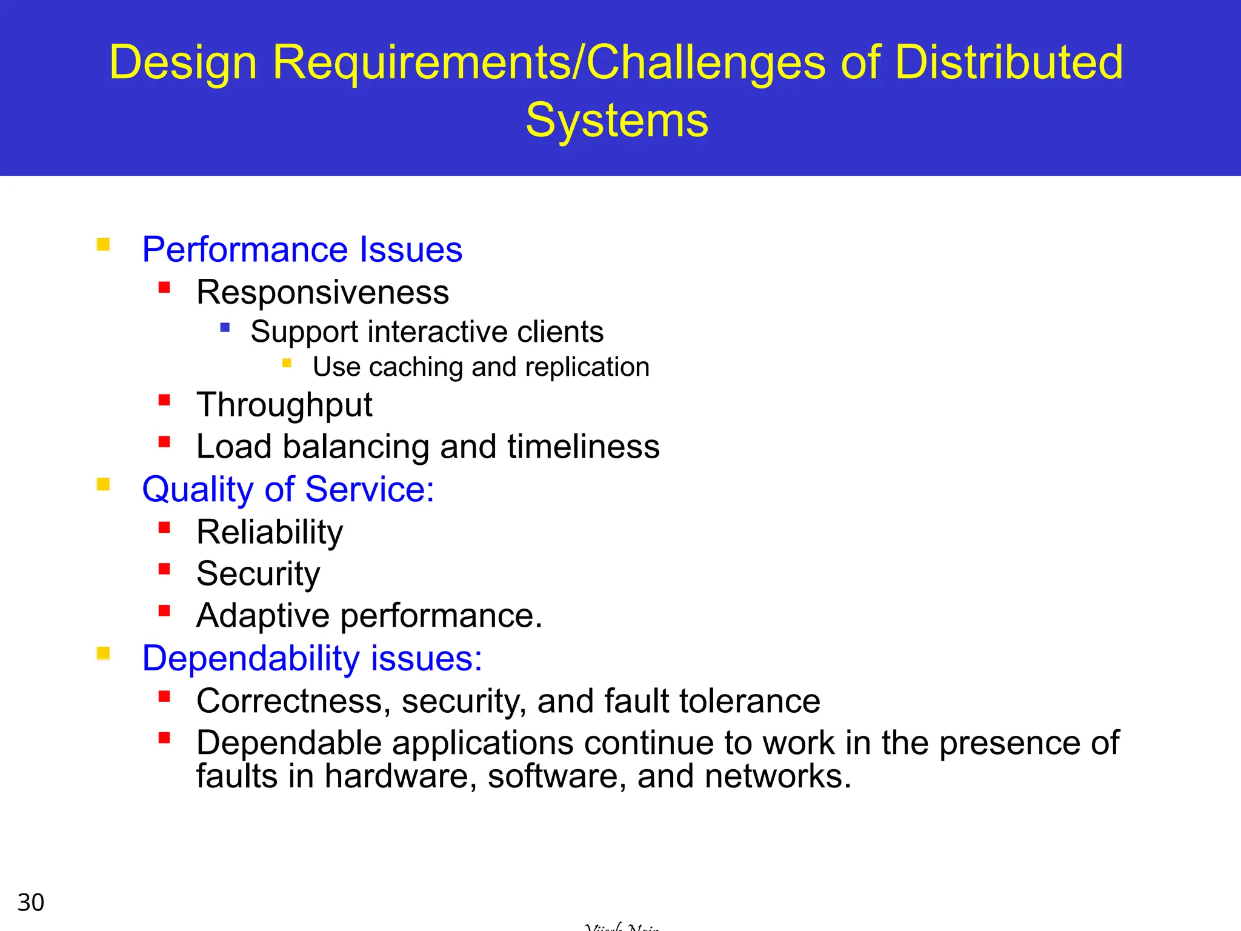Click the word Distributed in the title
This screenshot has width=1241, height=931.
1008,62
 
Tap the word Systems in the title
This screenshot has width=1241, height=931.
616,120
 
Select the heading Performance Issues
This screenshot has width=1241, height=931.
302,250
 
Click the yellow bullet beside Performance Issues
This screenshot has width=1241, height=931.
103,245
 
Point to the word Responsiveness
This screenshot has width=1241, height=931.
322,293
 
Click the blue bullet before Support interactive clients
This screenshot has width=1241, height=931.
225,328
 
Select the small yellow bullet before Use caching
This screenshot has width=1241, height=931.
287,364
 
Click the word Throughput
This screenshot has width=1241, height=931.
284,405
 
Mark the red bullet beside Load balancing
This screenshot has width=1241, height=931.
164,442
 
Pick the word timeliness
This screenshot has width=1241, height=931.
583,447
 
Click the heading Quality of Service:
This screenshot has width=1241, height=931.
288,489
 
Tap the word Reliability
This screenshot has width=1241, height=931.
270,532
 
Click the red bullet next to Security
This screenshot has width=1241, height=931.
164,569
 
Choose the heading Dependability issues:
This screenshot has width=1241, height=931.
311,658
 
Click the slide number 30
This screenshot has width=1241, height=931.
31,903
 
